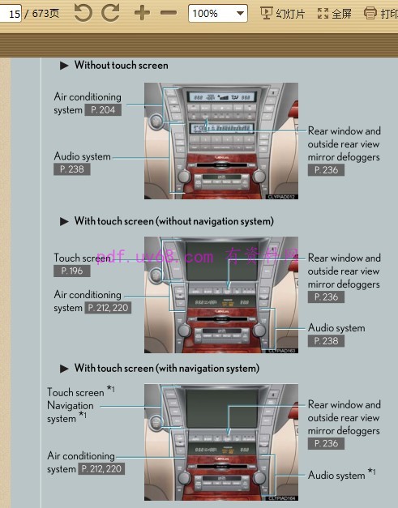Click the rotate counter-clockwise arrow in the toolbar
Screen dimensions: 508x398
(83, 13)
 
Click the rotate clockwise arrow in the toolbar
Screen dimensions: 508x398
(110, 13)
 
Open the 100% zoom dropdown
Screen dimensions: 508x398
(217, 14)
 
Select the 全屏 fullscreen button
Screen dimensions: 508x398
(335, 14)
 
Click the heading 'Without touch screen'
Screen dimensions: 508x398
(121, 65)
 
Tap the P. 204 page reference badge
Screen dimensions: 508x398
(103, 110)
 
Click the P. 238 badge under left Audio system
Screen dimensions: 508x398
(72, 169)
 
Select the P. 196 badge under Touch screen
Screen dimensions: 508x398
(72, 271)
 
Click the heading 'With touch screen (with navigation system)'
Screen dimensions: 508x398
(166, 368)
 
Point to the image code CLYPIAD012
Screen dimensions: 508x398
(282, 196)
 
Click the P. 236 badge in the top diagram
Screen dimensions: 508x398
(326, 170)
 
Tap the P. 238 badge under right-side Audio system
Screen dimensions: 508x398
(326, 341)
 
